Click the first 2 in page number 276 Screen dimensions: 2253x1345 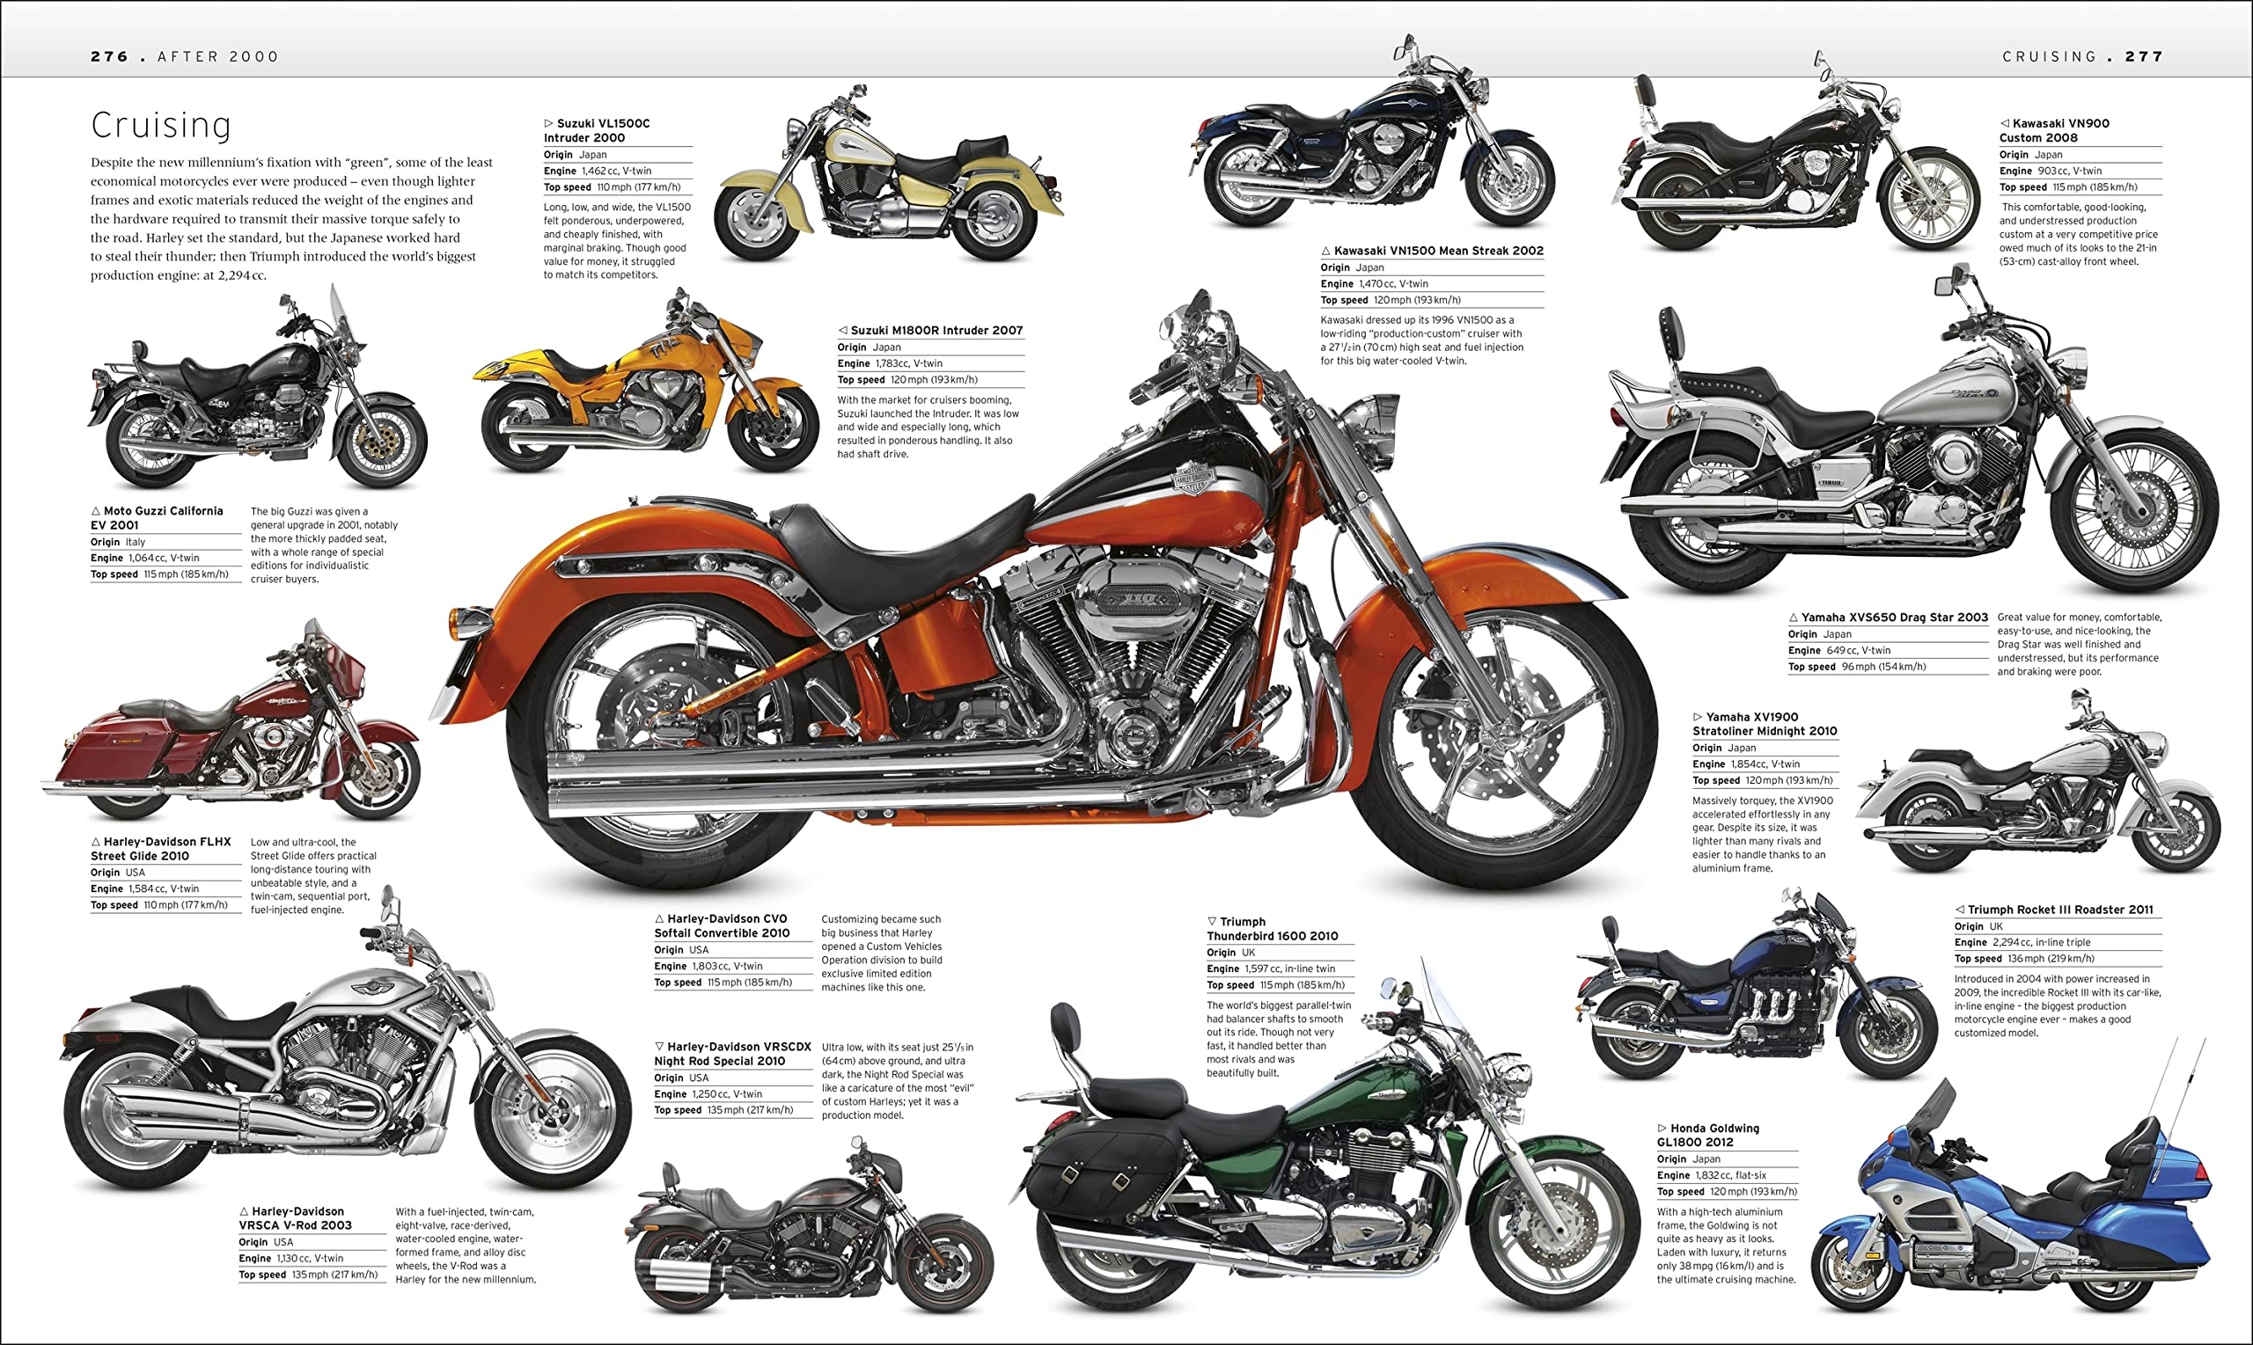coord(96,56)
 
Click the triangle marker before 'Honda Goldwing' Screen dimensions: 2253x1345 coord(1662,1129)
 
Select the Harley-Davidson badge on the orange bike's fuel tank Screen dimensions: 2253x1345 coord(1194,478)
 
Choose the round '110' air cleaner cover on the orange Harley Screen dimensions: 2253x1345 coord(1138,598)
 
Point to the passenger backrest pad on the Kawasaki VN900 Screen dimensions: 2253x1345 coord(1645,91)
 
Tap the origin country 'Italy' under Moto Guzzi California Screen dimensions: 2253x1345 coord(135,542)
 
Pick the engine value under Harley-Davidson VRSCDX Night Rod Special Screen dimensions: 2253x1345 coord(727,1094)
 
